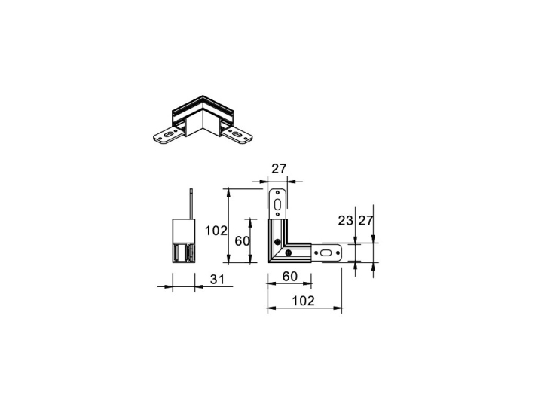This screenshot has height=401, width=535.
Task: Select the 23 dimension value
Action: pos(346,221)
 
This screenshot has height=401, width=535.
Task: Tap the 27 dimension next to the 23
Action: pos(367,221)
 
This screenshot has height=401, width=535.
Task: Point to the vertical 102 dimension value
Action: pos(216,231)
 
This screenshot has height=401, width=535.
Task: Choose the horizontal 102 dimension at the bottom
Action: pos(304,302)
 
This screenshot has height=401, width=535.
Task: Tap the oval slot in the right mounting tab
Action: pos(325,253)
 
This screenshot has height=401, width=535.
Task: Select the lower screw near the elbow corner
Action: pos(278,242)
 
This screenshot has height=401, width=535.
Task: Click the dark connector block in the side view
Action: pos(185,253)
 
